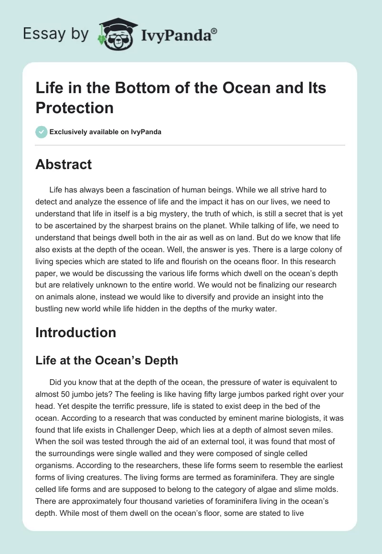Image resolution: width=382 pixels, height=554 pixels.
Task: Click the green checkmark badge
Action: (42, 132)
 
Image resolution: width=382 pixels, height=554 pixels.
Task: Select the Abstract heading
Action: (64, 165)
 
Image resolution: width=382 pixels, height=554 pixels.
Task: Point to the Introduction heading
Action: (75, 332)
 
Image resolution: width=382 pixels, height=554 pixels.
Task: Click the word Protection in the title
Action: (74, 107)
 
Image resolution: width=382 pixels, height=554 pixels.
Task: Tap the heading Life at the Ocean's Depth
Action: (106, 360)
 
